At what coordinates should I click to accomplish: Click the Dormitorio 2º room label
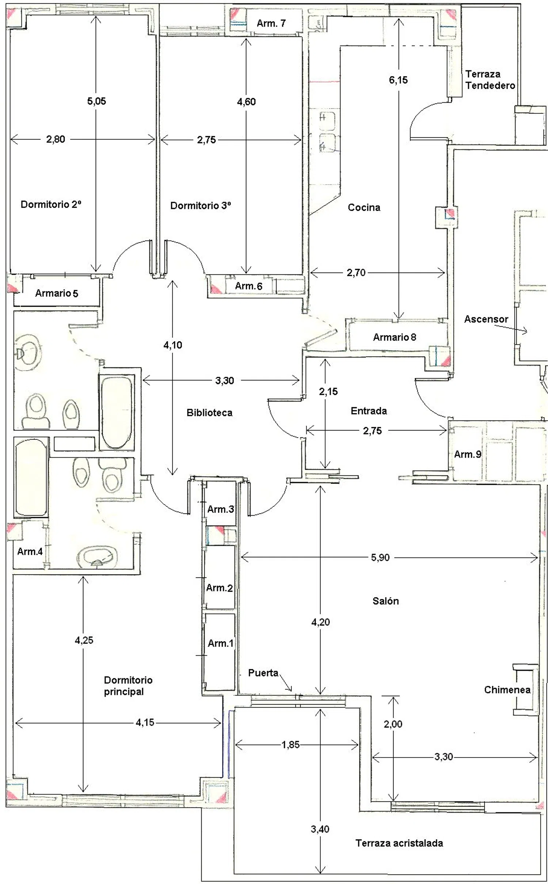tap(51, 204)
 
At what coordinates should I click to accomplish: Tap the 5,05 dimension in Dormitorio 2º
tap(96, 101)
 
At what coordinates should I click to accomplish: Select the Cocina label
tap(364, 208)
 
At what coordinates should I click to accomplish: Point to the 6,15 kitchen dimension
tap(398, 80)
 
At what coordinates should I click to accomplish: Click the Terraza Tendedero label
tap(490, 80)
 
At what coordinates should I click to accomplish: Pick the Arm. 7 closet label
tap(271, 23)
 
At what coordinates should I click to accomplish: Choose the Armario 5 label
tap(57, 293)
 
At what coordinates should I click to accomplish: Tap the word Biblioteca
tap(209, 413)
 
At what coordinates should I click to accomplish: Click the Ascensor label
tap(486, 319)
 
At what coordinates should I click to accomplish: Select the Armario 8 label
tap(394, 337)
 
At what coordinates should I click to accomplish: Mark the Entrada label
tap(369, 411)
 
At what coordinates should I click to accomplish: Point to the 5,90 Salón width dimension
tap(380, 557)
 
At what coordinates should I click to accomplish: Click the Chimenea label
tap(507, 690)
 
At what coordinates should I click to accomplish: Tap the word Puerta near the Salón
tap(263, 673)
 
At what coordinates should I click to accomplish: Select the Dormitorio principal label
tap(128, 686)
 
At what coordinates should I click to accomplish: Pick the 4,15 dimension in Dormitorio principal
tap(145, 722)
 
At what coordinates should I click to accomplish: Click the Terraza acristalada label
tap(399, 843)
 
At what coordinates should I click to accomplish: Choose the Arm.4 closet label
tap(30, 551)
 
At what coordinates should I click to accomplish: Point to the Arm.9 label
tap(468, 454)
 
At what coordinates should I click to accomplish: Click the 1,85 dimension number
tap(290, 744)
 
